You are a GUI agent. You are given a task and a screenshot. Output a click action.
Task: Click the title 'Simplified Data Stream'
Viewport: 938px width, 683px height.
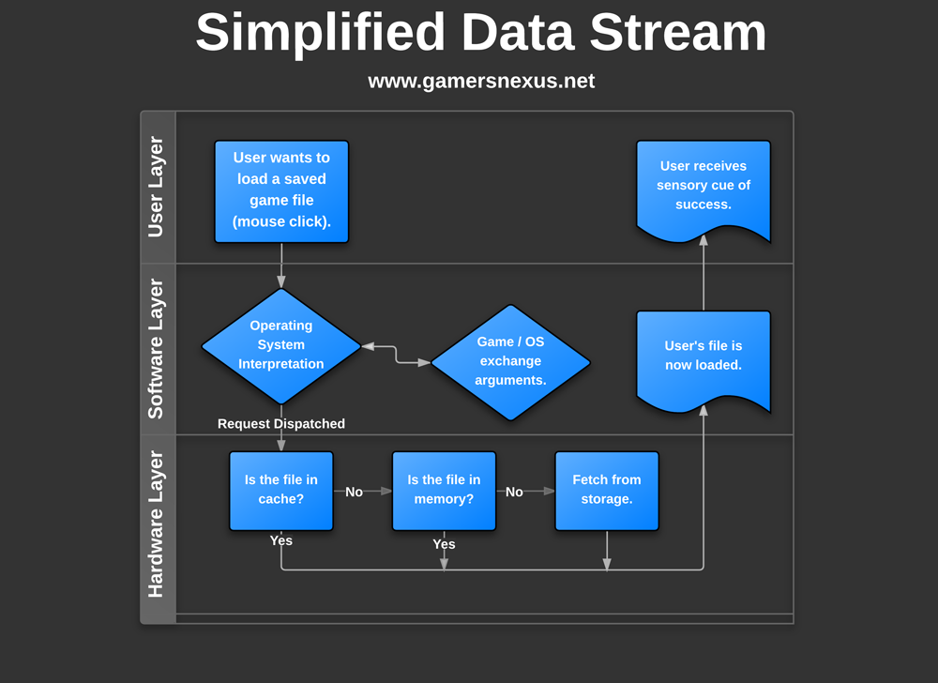480,32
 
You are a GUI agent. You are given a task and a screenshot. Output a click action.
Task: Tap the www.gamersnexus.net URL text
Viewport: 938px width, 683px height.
480,81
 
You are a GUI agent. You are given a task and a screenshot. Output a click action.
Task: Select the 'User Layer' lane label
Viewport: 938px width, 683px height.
156,187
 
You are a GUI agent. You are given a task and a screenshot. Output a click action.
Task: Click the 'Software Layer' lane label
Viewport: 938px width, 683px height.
156,349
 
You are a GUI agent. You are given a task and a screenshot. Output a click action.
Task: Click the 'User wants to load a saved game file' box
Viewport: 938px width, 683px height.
281,191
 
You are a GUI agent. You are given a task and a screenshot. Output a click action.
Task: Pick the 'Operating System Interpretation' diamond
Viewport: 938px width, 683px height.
281,345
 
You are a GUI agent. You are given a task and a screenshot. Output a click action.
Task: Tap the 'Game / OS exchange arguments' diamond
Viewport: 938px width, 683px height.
510,361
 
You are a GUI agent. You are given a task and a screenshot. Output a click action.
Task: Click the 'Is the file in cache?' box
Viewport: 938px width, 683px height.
281,490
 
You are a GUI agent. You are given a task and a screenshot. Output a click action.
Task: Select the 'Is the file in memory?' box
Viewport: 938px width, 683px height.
444,490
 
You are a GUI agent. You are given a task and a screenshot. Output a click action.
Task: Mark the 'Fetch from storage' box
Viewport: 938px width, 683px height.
607,490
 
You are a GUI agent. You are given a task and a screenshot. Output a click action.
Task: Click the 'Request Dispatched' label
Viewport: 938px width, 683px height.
281,424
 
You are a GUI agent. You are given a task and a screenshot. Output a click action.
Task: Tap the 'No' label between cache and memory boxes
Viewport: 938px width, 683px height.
354,492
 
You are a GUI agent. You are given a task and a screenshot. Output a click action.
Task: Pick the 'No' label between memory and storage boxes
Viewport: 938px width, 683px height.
514,492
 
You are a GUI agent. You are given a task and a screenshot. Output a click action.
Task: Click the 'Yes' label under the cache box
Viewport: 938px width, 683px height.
281,540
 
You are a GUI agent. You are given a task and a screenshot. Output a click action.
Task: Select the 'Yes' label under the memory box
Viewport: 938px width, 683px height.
444,544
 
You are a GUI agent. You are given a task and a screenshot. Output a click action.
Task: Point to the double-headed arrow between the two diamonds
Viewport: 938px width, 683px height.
396,354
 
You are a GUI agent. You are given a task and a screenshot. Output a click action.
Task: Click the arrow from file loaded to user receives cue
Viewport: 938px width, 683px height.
703,277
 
